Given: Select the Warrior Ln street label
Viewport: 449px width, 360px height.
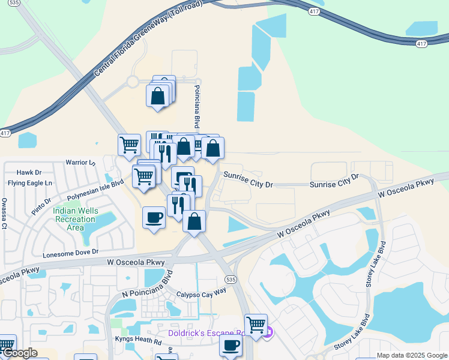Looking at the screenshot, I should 80,163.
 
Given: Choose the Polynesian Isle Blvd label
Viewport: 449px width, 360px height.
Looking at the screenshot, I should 95,189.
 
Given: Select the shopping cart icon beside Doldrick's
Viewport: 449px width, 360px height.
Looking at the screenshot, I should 256,325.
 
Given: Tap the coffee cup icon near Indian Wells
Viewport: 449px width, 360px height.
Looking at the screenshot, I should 154,217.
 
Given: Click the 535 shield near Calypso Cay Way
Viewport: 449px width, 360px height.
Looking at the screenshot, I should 231,280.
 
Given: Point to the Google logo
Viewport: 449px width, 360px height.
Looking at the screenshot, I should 19,353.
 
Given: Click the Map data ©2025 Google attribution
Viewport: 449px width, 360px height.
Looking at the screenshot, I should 412,355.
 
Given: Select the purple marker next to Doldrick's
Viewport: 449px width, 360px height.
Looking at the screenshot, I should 269,332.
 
